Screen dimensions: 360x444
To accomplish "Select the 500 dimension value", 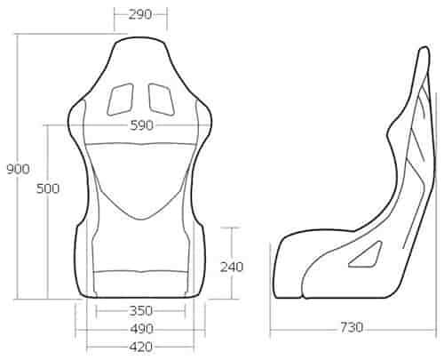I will click(48, 188).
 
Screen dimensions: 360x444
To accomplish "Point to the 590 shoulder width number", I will click(142, 125).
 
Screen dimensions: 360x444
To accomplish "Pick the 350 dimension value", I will click(140, 310).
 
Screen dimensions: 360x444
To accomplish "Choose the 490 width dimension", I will click(140, 328).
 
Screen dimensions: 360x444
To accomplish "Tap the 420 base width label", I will click(140, 346).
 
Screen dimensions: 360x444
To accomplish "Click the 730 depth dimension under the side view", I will click(351, 328).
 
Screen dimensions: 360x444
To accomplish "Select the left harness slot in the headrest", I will click(117, 98).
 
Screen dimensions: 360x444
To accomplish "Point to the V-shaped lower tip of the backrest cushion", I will click(140, 218).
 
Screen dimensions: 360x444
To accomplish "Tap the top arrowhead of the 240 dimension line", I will click(232, 228).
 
